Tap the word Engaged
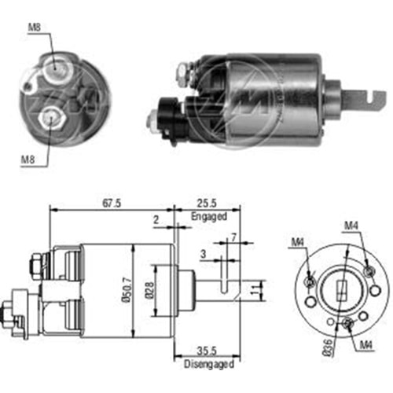pos(209,215)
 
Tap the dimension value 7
pos(233,238)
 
